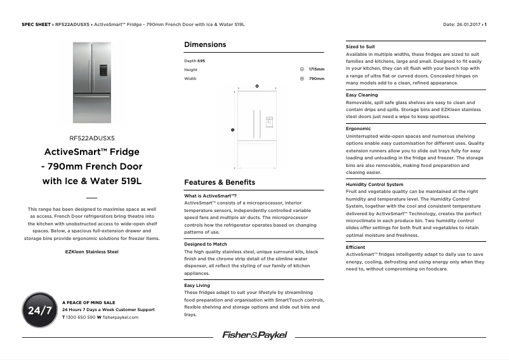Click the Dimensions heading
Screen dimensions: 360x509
[x=205, y=44]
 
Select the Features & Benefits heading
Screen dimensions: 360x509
[x=220, y=182]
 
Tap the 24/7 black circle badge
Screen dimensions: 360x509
[x=40, y=310]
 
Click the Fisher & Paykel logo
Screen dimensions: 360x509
[x=255, y=335]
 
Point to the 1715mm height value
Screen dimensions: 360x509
[x=316, y=69]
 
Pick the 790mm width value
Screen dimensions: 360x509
[x=316, y=79]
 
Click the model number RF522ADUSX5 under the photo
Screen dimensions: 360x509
[x=92, y=137]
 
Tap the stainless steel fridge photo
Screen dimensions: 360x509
[x=92, y=83]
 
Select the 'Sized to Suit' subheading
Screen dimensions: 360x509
[x=360, y=47]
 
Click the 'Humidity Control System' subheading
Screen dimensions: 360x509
[x=374, y=185]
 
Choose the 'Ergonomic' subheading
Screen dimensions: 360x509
[x=359, y=129]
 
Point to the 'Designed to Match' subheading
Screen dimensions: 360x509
[x=206, y=244]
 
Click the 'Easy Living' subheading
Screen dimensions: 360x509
[x=197, y=286]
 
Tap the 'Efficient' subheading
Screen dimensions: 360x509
[x=355, y=247]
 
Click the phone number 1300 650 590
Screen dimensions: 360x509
[x=81, y=317]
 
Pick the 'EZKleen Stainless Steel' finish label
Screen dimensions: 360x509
[x=92, y=251]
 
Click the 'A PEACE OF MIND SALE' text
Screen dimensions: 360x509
[x=89, y=302]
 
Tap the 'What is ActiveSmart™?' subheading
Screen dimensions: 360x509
[x=210, y=196]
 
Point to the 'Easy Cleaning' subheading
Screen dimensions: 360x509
[x=362, y=95]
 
